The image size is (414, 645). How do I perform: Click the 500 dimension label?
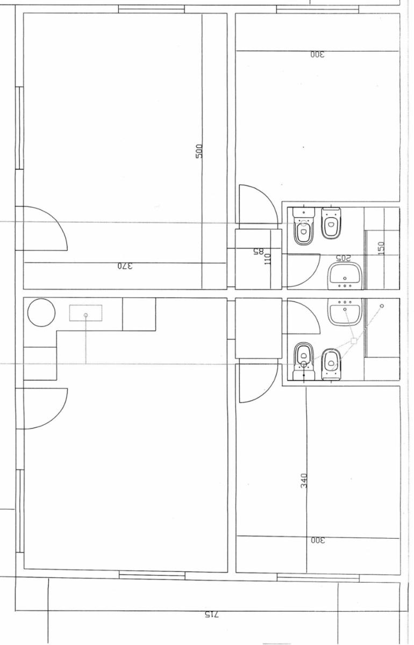199,151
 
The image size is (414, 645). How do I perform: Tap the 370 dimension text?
125,266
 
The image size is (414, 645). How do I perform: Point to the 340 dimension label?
304,481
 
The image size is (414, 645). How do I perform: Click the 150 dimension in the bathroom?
381,248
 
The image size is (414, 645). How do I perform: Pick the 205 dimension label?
343,258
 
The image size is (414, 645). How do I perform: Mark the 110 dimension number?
268,259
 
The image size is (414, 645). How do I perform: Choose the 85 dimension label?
259,252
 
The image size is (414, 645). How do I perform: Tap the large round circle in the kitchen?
41,312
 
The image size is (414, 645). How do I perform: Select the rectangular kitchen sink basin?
85,313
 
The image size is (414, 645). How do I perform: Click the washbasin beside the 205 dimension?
345,276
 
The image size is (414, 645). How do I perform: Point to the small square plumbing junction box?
354,341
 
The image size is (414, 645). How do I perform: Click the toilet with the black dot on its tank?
304,361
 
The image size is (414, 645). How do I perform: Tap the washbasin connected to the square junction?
345,312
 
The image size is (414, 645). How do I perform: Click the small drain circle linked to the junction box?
382,306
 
